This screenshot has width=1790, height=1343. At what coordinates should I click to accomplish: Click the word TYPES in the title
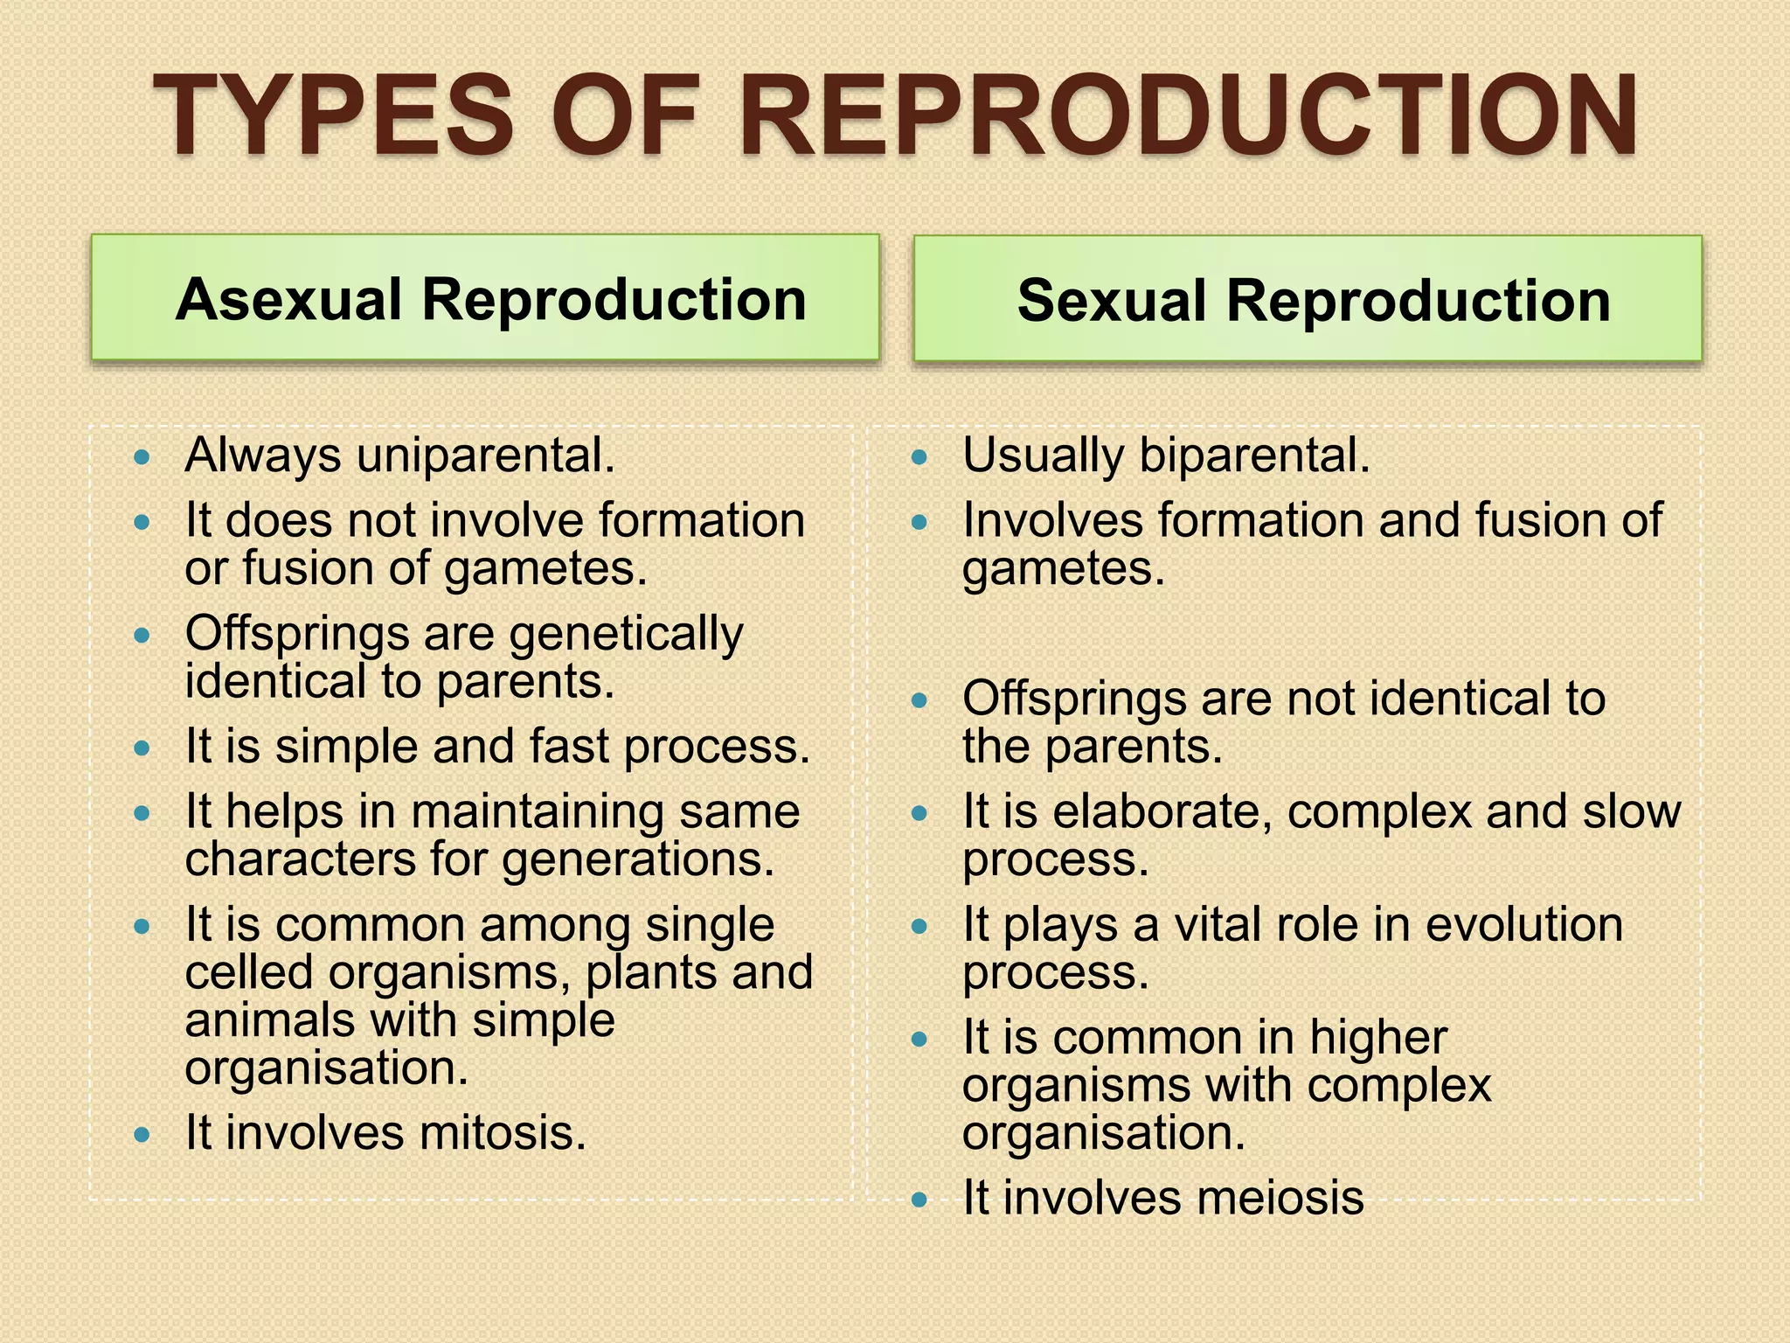point(332,115)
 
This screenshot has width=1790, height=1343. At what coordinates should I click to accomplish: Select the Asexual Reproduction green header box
point(485,297)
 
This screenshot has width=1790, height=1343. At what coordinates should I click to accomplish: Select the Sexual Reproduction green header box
point(1308,298)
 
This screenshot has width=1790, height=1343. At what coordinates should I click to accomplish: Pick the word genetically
point(626,635)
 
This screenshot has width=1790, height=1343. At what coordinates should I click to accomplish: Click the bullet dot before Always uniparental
point(142,456)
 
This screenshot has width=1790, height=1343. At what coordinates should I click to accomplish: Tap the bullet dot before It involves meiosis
point(918,1199)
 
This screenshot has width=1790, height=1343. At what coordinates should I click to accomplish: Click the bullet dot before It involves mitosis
point(142,1134)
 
